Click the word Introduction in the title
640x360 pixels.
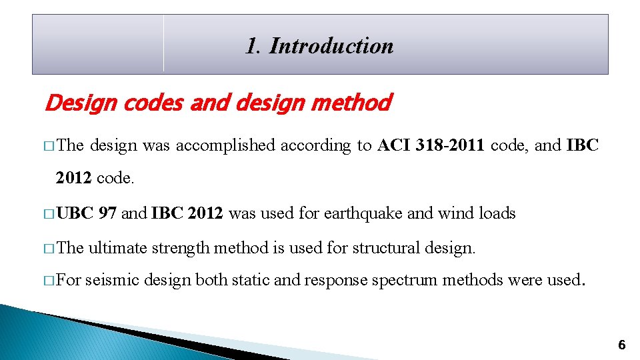(x=331, y=46)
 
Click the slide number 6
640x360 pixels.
(x=621, y=345)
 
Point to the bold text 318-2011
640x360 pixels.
(x=451, y=145)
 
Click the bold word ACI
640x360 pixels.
(x=394, y=145)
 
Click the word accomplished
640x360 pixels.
(x=225, y=145)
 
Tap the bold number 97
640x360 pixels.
(x=107, y=213)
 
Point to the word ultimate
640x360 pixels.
(x=118, y=248)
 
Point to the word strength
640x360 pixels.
(x=177, y=248)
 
